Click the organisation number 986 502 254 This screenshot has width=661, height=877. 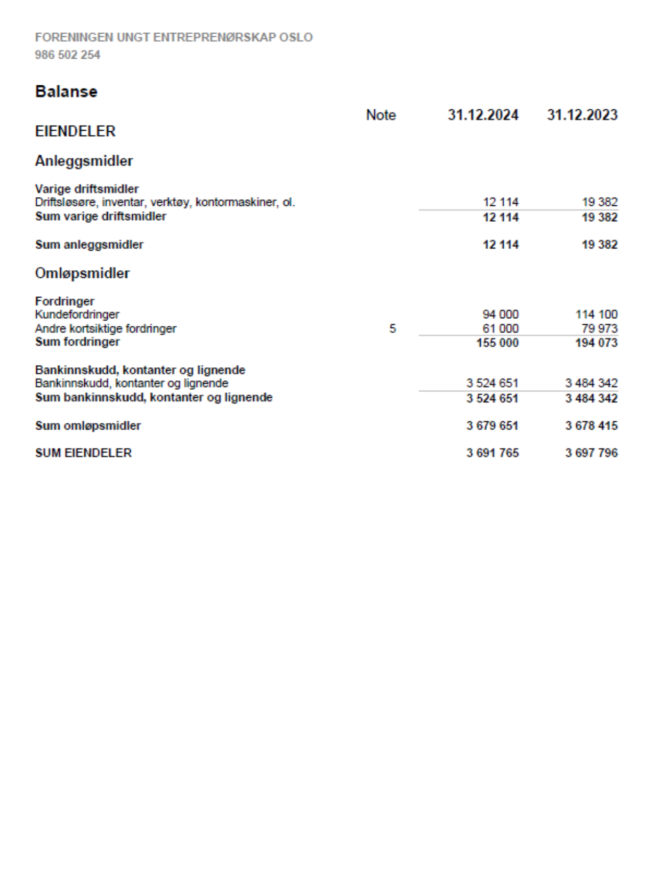pyautogui.click(x=68, y=55)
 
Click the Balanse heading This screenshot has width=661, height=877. pyautogui.click(x=66, y=92)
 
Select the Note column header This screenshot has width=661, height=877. pyautogui.click(x=381, y=115)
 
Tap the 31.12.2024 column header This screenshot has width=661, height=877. pyautogui.click(x=482, y=115)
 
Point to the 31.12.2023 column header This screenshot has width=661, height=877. pyautogui.click(x=582, y=115)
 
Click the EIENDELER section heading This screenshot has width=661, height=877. pyautogui.click(x=75, y=132)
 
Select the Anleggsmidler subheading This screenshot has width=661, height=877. pyautogui.click(x=84, y=161)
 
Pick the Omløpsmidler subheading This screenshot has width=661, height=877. pyautogui.click(x=82, y=273)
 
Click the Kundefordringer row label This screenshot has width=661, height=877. pyautogui.click(x=77, y=315)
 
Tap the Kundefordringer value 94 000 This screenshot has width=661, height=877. pyautogui.click(x=500, y=315)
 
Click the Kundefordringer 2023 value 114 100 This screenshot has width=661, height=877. pyautogui.click(x=596, y=315)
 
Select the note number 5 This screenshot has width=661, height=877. pyautogui.click(x=392, y=328)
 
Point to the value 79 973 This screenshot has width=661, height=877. pyautogui.click(x=599, y=328)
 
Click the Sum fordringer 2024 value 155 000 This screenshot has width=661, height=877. pyautogui.click(x=497, y=343)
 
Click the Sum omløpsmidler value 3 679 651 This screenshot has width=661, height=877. pyautogui.click(x=492, y=426)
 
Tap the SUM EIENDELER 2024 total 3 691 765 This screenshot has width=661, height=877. pyautogui.click(x=492, y=453)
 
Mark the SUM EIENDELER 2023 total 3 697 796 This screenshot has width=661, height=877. pyautogui.click(x=591, y=453)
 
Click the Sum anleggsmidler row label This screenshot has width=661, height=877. pyautogui.click(x=89, y=245)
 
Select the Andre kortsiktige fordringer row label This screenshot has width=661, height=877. pyautogui.click(x=106, y=328)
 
